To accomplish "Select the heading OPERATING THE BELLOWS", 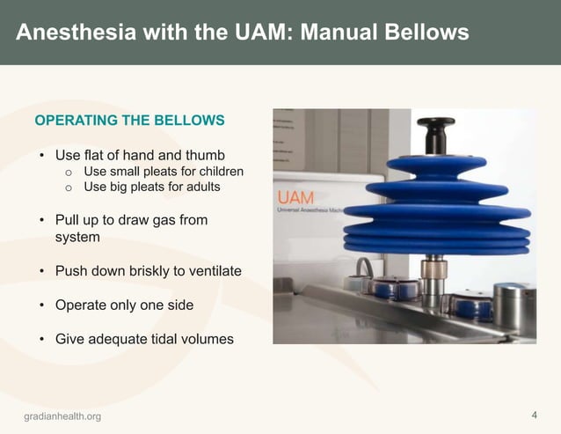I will [x=129, y=120].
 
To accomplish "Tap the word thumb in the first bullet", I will [x=206, y=155].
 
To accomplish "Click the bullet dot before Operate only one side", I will [x=40, y=305].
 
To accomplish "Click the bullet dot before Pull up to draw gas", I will [x=40, y=220].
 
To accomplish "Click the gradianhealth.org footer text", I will [x=62, y=416].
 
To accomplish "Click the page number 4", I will [x=535, y=415].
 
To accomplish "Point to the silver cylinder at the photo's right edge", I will [x=514, y=304].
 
